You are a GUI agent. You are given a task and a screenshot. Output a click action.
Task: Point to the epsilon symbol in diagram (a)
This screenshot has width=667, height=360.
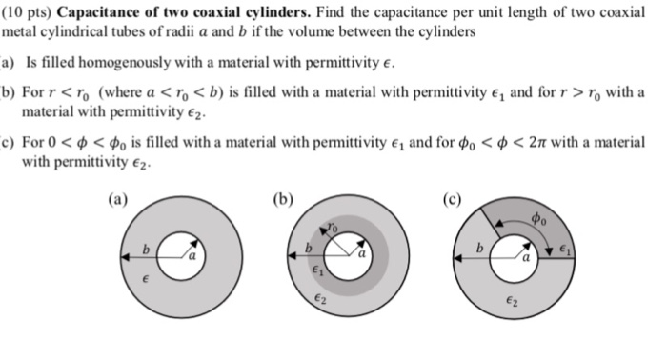coord(144,280)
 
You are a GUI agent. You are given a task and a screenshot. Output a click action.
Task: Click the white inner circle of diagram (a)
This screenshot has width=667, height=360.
coord(177,255)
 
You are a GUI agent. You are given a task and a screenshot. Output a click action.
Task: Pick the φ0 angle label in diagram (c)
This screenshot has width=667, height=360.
coord(540,220)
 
